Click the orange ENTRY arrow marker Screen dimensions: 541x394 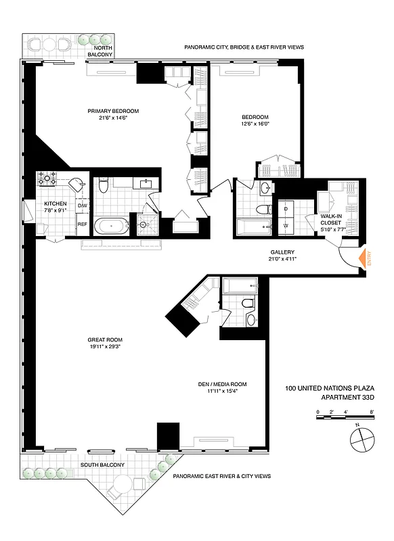click(x=368, y=258)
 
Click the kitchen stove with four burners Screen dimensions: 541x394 click(x=50, y=180)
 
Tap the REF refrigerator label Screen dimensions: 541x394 click(x=82, y=225)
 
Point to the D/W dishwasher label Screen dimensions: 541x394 click(x=82, y=205)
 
